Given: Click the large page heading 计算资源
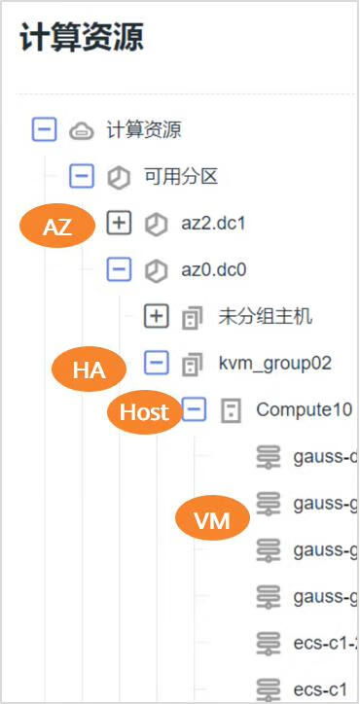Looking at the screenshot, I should (82, 40).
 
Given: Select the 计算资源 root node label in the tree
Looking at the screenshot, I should (144, 129).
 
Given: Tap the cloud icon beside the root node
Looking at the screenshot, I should (80, 129).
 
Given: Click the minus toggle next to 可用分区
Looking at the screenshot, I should (82, 177).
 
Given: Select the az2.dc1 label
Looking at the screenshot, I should (213, 224).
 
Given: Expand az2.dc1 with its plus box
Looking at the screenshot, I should (119, 224).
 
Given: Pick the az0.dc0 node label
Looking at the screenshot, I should (213, 270).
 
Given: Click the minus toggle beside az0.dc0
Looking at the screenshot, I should (119, 270).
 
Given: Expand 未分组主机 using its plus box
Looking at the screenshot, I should (157, 317).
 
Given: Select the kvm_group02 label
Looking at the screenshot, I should (274, 364).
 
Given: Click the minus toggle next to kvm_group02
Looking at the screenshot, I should (157, 364).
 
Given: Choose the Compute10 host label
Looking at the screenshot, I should (303, 410).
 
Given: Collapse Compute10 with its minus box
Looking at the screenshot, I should (195, 410).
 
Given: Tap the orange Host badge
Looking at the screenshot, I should (144, 412).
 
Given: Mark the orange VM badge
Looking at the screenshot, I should (212, 520).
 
